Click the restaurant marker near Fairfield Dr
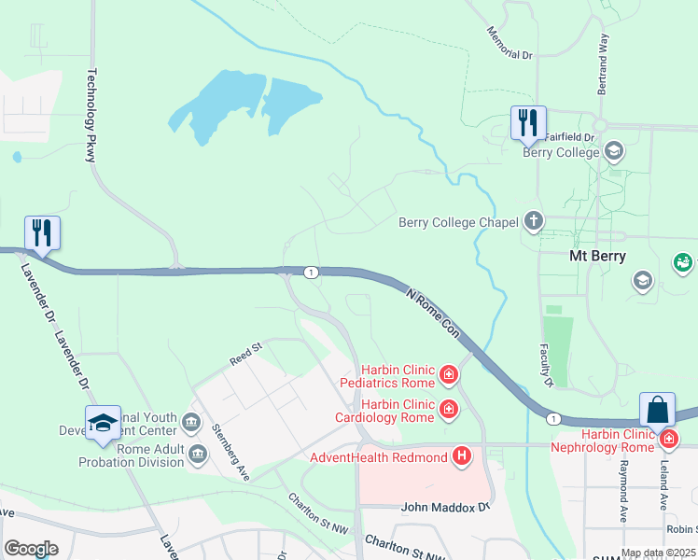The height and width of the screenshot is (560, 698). tap(528, 122)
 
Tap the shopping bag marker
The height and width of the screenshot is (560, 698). tap(657, 410)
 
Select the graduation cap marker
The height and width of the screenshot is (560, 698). tap(103, 424)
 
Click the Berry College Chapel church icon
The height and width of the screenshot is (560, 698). tap(533, 222)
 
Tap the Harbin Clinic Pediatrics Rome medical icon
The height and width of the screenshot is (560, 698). tap(449, 375)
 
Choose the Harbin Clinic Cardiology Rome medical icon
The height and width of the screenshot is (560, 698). tap(449, 409)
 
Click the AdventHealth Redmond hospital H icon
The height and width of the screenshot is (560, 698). tap(461, 455)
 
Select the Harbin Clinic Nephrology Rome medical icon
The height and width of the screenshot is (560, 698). tap(668, 438)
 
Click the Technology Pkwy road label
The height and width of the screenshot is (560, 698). tap(91, 115)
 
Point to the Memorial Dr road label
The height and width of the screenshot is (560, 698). tap(509, 43)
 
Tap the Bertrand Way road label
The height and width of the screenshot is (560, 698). tap(603, 64)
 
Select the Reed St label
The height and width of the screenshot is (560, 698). tap(246, 355)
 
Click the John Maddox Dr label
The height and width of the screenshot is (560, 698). tap(445, 508)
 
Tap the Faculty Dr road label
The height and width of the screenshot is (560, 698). tap(545, 365)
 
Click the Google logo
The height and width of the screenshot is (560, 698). tap(31, 549)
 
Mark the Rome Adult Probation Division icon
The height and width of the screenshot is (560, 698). tap(198, 455)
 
